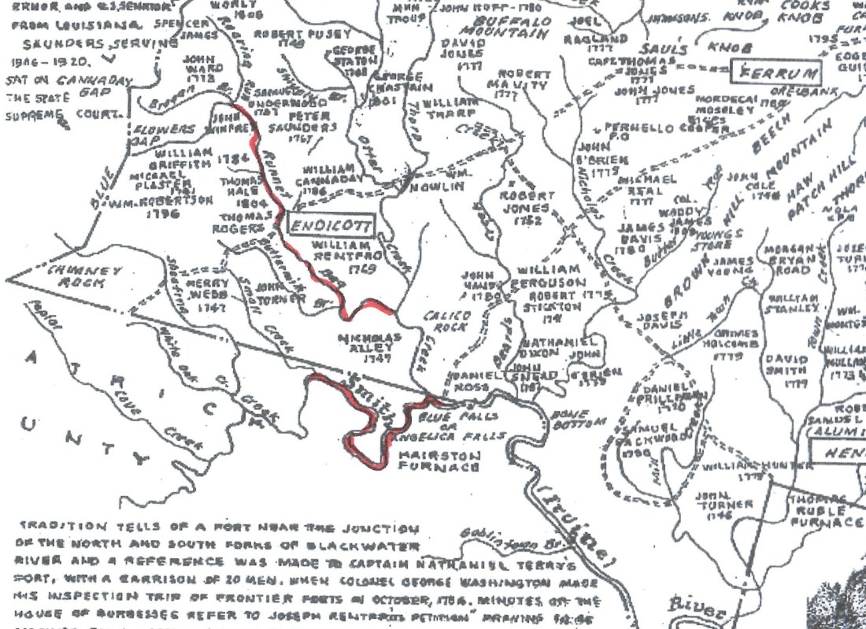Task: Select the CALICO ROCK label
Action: (446, 321)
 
